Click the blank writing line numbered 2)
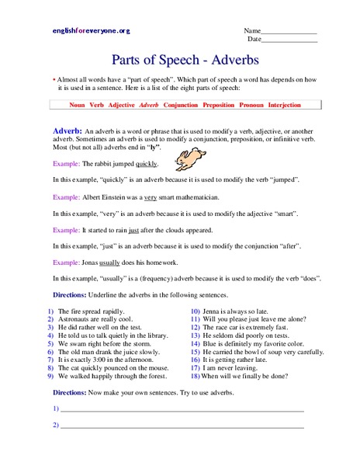(182, 426)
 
